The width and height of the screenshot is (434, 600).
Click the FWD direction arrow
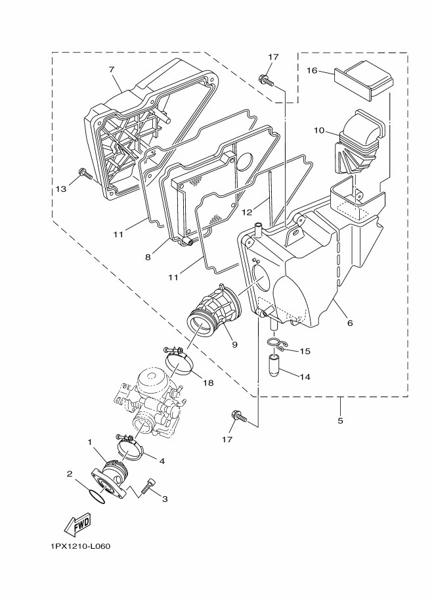point(77,524)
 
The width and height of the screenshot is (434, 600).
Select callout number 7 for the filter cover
point(112,69)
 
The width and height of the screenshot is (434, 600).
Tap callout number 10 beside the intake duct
point(320,130)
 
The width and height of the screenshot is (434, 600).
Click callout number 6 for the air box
point(350,323)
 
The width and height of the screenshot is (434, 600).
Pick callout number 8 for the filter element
point(148,257)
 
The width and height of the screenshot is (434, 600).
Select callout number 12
point(248,212)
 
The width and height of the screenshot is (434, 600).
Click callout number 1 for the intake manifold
point(90,442)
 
